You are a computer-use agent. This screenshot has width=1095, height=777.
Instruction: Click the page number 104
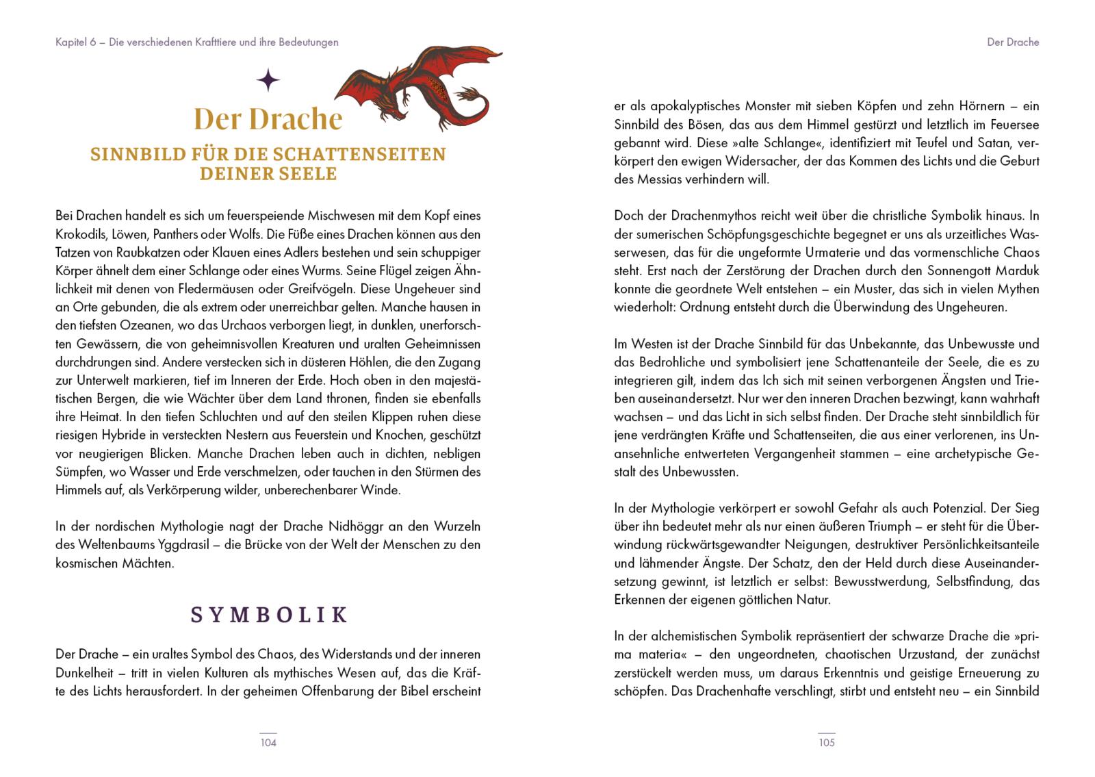tap(268, 742)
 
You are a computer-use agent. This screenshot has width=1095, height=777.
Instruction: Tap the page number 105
tap(827, 742)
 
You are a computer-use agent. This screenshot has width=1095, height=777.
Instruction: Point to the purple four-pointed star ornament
tap(268, 81)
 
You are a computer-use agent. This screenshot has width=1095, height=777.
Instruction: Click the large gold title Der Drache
tap(268, 118)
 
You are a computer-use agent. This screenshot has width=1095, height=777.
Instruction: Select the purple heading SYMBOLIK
tap(268, 615)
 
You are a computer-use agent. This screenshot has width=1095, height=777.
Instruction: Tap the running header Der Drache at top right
tap(1012, 42)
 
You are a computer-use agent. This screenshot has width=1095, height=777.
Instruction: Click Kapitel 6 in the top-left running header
tap(75, 42)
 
